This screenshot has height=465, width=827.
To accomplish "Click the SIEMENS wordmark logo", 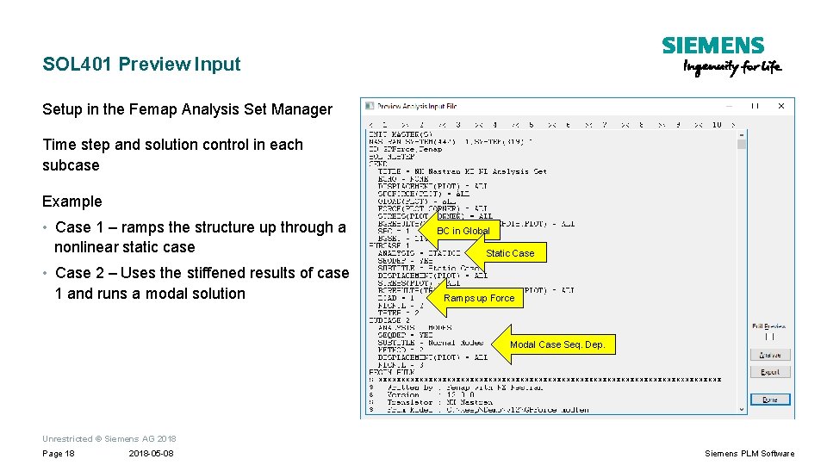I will pos(712,46).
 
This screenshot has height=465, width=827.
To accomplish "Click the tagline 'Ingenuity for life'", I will pos(732,68).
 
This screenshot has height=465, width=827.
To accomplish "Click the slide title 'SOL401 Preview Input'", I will pos(142,64).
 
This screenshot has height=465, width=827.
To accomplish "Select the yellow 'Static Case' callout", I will pos(507,253).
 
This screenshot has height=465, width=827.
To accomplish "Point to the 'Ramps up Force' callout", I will pos(477,298).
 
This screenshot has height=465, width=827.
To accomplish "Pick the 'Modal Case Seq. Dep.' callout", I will pos(557,344).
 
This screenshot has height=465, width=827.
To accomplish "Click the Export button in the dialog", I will pos(769,372).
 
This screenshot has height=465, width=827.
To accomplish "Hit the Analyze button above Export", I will pos(769,355).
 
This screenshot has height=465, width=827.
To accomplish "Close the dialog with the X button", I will pos(781,106).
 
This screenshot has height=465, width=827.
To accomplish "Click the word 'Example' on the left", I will pos(72,201).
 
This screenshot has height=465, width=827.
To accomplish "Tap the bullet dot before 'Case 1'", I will pos(46,228).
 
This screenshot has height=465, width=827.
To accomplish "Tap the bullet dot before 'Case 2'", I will pos(46,274).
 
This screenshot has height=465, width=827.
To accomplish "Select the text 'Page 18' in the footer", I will pos(59,454).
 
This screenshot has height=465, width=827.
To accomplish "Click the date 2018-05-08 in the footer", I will pos(151,454).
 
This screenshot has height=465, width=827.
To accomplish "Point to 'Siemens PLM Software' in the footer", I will pos(749,454).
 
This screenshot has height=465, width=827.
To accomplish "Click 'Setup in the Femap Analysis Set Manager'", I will pos(187,109).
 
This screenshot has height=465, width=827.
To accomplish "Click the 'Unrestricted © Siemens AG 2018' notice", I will pos(109,439).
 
